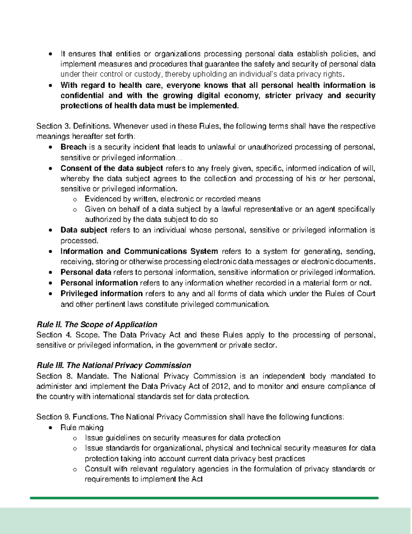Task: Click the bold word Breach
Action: [x=73, y=147]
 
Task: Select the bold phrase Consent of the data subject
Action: [x=112, y=168]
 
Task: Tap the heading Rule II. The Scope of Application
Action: [x=96, y=325]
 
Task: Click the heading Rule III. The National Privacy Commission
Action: [x=114, y=365]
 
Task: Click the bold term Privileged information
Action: [x=102, y=294]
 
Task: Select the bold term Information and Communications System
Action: [x=139, y=251]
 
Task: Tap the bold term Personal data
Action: [x=86, y=272]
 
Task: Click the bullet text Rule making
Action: [x=82, y=427]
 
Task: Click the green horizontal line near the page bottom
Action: [x=204, y=498]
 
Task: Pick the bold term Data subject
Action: [x=84, y=230]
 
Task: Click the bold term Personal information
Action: [x=99, y=283]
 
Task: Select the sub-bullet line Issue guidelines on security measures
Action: [x=182, y=438]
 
